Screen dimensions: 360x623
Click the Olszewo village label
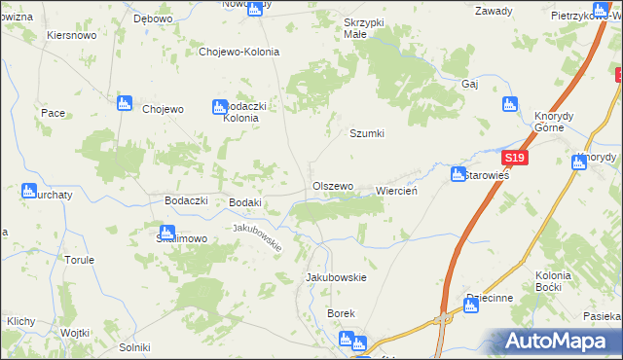click(x=332, y=185)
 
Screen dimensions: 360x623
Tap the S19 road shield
click(x=514, y=159)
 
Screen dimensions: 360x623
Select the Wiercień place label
click(x=396, y=192)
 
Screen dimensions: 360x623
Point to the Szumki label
click(x=367, y=134)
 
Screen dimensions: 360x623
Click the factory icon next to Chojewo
click(x=124, y=103)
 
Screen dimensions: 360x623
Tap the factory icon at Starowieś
click(x=458, y=174)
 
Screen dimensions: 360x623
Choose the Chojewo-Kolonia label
click(x=238, y=53)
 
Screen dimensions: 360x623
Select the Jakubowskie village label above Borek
click(x=336, y=277)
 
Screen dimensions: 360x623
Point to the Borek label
click(x=342, y=313)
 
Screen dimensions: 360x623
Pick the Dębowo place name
click(x=153, y=18)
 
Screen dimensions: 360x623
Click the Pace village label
click(x=53, y=113)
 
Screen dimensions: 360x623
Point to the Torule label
click(x=79, y=260)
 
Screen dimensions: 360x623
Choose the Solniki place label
click(x=134, y=347)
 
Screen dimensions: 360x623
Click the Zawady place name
click(x=494, y=12)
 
